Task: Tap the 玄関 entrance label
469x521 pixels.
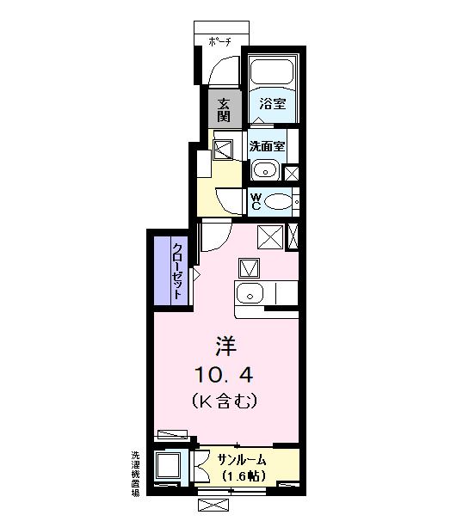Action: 224,108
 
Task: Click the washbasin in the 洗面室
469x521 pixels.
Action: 266,169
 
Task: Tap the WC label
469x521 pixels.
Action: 256,202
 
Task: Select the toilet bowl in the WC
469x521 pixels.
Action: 278,202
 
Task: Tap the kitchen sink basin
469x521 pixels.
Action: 250,294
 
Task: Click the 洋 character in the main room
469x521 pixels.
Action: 226,346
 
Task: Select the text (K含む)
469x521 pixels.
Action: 226,401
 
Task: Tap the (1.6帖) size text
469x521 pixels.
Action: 243,475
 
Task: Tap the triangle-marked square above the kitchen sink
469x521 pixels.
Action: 250,268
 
